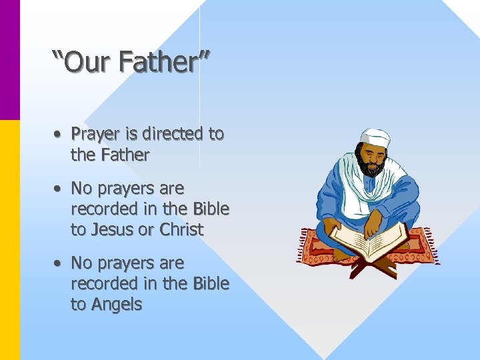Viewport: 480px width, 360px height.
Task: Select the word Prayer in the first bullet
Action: pos(95,134)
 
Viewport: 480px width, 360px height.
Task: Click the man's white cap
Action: pos(374,137)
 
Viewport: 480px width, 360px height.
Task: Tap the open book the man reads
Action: pos(370,241)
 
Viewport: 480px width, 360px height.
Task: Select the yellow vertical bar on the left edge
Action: pos(10,240)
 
